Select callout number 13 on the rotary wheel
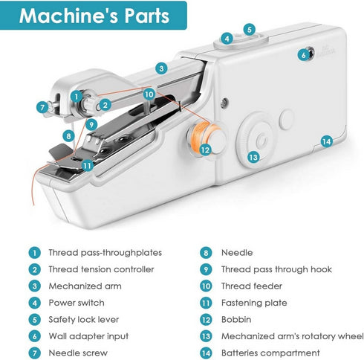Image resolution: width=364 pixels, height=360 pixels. click(x=253, y=157)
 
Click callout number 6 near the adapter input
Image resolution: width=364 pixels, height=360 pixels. click(x=303, y=54)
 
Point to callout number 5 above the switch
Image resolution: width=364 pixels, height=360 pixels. click(x=250, y=30)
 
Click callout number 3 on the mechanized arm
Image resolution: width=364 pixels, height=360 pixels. click(x=160, y=68)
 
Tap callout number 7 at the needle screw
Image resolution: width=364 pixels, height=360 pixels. click(x=42, y=107)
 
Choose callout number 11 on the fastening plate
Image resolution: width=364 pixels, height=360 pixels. click(x=88, y=165)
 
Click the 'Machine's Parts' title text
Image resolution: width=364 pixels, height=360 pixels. click(x=94, y=16)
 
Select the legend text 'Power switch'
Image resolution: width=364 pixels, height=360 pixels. click(x=77, y=303)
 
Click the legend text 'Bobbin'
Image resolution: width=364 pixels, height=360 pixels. click(x=237, y=319)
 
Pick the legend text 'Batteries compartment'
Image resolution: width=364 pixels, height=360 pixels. click(x=270, y=353)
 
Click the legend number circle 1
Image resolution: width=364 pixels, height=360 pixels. click(x=33, y=253)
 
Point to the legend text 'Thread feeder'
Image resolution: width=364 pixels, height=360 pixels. click(x=253, y=286)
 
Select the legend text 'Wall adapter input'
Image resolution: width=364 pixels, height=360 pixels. click(x=88, y=336)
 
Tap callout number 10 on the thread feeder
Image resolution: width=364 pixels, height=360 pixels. click(x=149, y=94)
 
